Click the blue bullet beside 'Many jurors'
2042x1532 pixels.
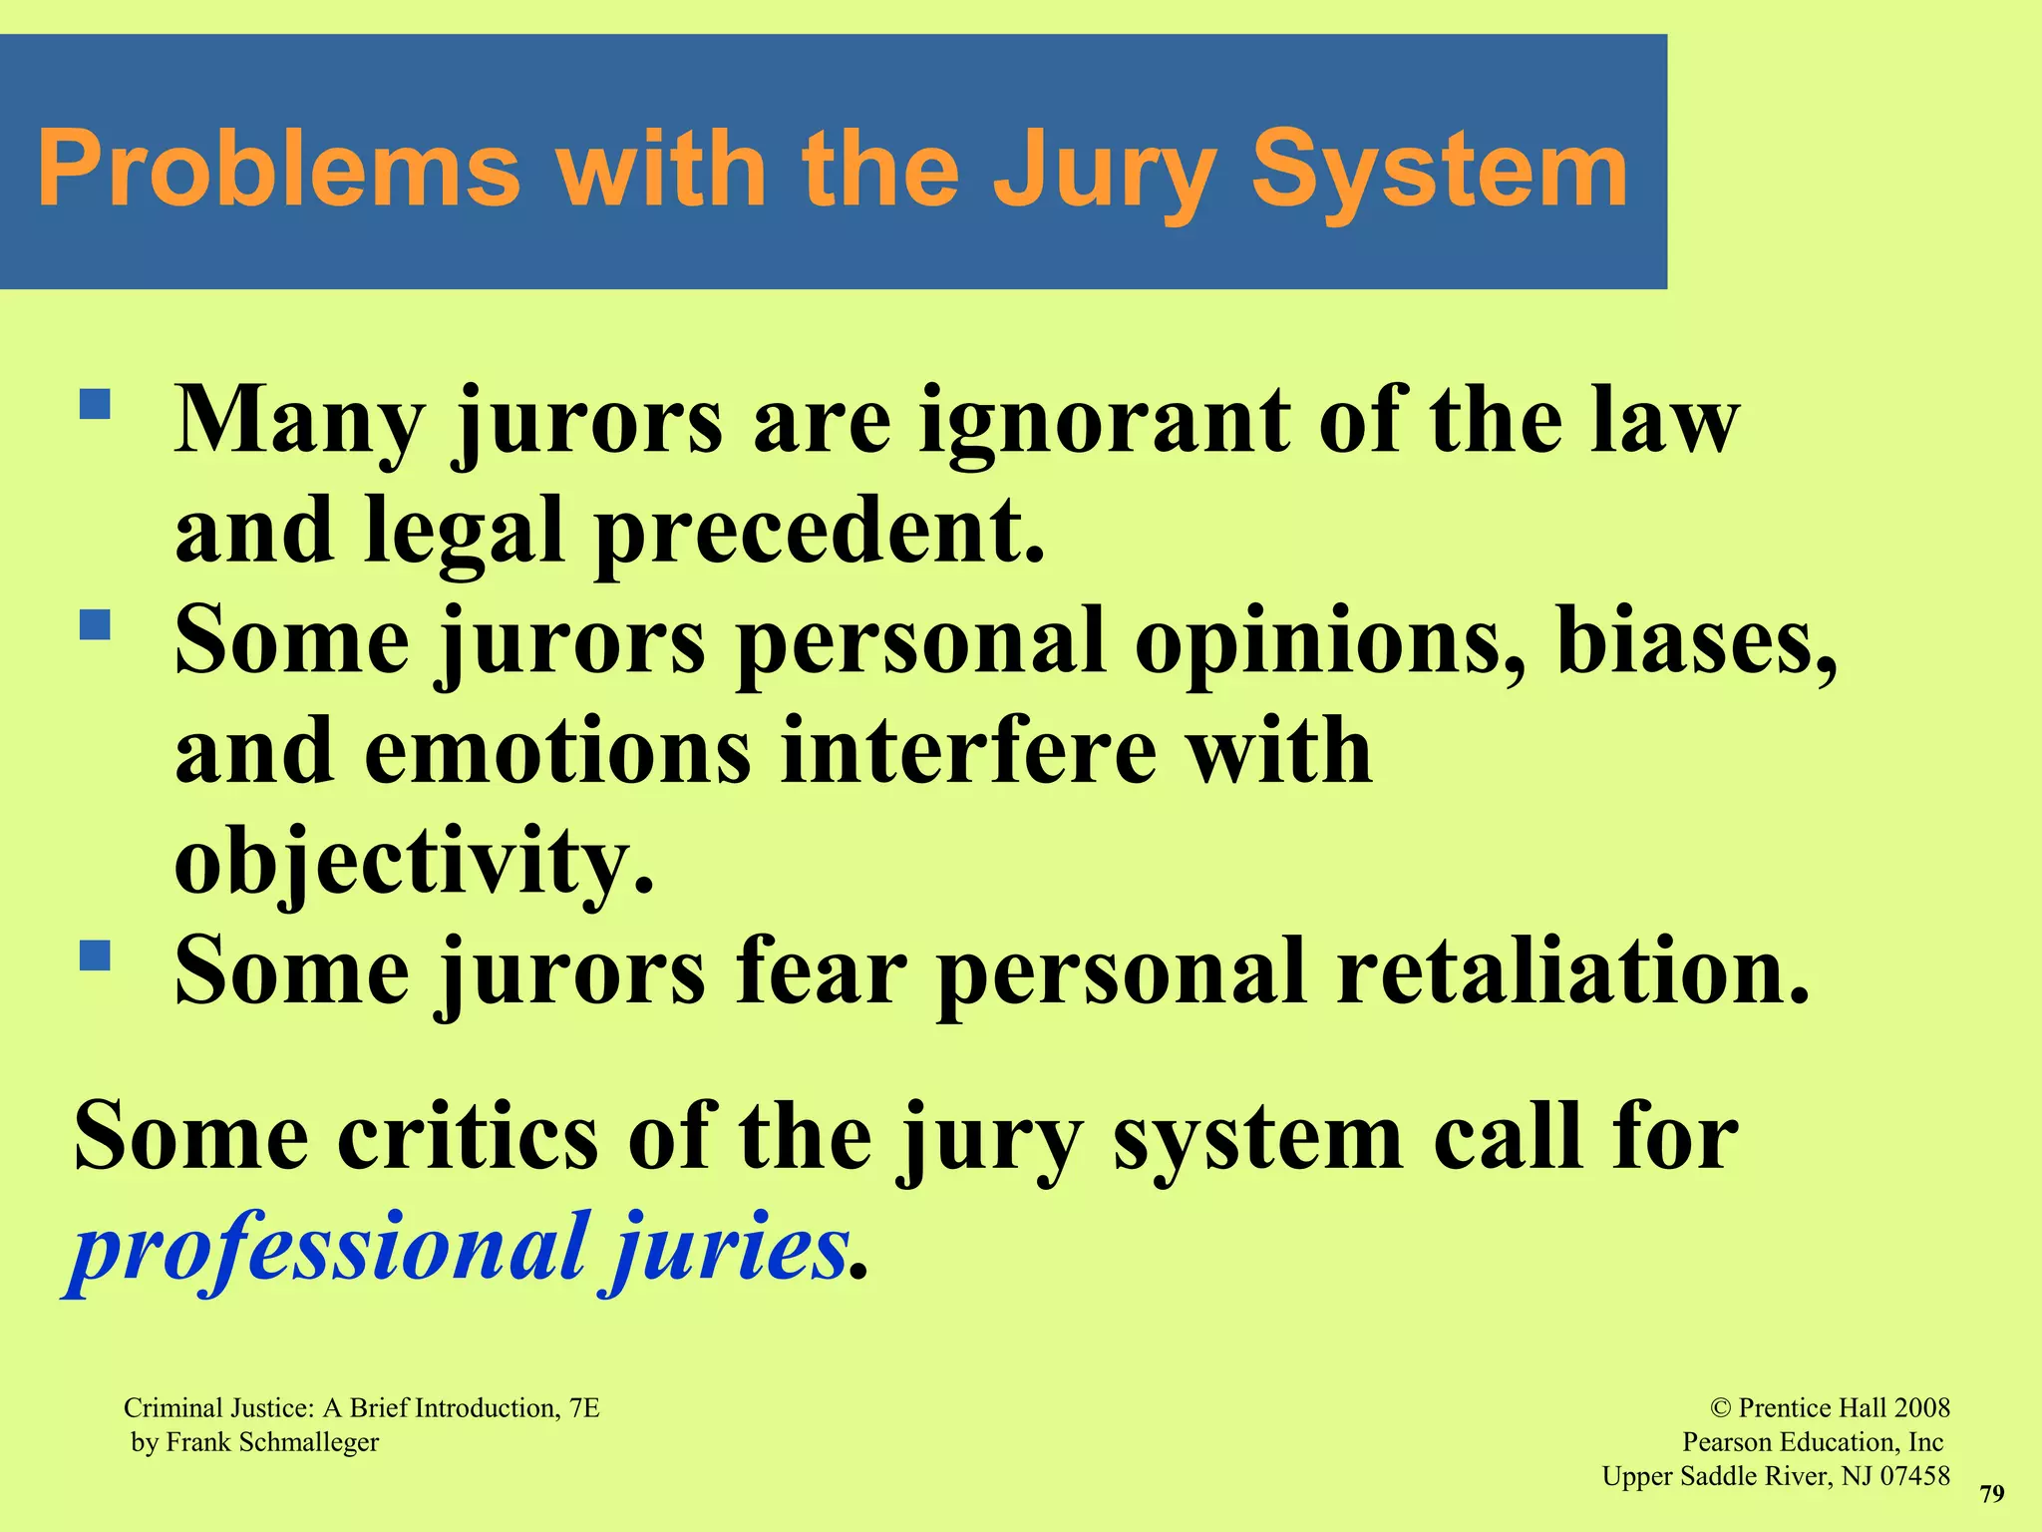pos(95,404)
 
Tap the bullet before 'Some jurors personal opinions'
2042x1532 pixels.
pos(95,625)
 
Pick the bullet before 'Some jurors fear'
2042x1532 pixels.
pos(95,956)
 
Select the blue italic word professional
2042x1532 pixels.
pos(329,1249)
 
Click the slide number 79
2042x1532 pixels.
pos(1991,1493)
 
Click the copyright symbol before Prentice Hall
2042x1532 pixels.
pos(1721,1408)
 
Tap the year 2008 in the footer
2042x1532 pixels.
pos(1921,1408)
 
